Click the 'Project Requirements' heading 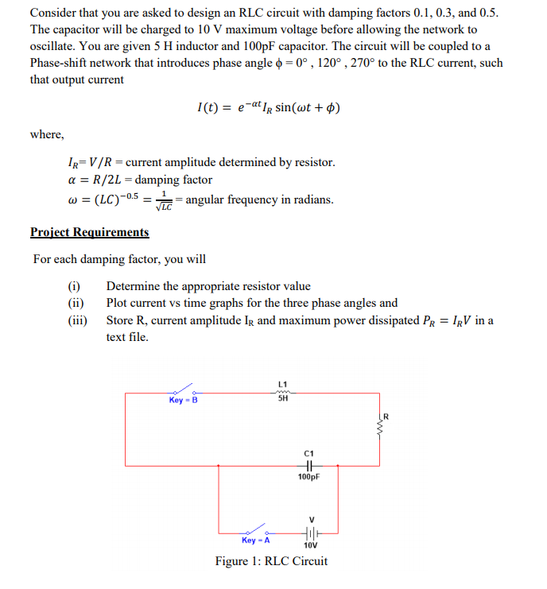(x=89, y=232)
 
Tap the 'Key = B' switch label (x=183, y=400)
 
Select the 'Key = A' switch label (x=255, y=540)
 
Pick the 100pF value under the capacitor (x=309, y=478)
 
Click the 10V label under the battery (x=310, y=547)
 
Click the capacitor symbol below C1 (x=309, y=466)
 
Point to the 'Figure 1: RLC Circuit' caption (x=271, y=561)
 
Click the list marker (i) (x=74, y=286)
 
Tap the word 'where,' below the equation (x=47, y=134)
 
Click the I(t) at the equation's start (x=208, y=107)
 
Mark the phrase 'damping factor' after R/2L (x=176, y=180)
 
